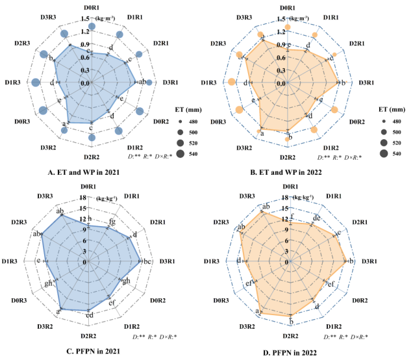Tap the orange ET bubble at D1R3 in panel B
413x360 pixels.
point(232,83)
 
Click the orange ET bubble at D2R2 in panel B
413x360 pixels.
point(288,139)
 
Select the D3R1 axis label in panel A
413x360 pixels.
point(168,83)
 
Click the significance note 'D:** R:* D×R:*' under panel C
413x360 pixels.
point(154,337)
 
